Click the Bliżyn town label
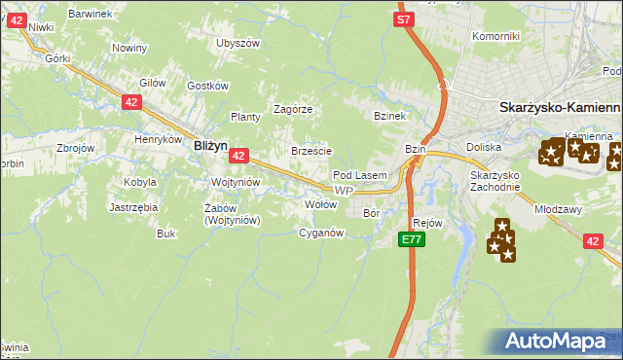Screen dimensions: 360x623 click(210, 144)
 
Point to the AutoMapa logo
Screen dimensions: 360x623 click(560, 341)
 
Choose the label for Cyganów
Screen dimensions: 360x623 click(321, 233)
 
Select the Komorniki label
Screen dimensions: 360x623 click(495, 36)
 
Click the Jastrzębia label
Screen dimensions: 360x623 click(133, 207)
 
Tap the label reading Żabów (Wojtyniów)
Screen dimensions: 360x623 click(231, 213)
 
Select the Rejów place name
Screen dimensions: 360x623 click(428, 223)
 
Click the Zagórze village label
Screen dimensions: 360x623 click(292, 109)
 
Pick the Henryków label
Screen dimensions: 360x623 click(160, 139)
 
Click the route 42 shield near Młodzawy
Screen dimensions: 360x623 click(594, 241)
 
